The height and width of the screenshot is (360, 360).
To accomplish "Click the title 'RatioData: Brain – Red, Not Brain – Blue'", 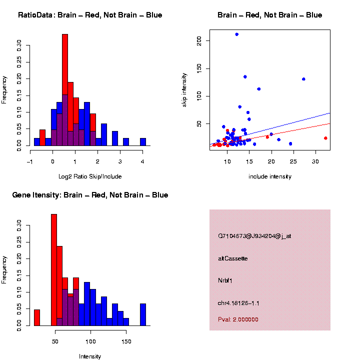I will pos(90,15).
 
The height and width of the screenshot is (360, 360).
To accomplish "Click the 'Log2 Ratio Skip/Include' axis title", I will pos(90,176).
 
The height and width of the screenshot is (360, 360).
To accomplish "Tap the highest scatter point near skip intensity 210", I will pos(236,34).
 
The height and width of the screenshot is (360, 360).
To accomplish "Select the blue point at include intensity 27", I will pos(303,79).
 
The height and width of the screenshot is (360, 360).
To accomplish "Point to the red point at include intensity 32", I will pos(325,138).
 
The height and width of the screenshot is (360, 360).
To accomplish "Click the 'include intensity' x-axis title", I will pos(270,176).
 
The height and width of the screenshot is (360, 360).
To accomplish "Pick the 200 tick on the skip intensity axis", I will pos(199,40).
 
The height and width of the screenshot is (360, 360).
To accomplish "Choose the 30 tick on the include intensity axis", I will pos(315,161).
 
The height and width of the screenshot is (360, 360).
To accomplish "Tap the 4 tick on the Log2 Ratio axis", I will pos(143,161).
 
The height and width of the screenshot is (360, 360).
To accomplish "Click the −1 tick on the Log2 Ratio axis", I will pos(31,161).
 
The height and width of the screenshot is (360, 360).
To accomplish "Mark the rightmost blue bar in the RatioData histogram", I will pos(143,142).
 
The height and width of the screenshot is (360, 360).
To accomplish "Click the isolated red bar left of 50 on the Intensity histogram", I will pos(37,317).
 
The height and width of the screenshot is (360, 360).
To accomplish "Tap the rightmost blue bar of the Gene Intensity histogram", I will pos(143,314).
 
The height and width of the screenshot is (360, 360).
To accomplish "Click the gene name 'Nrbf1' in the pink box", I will pos(225,280).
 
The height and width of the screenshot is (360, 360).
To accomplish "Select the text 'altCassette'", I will pos(233,258).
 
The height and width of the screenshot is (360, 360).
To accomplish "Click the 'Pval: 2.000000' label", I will pos(238,319).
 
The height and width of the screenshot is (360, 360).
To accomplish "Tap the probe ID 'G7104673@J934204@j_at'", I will pos(254,236).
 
